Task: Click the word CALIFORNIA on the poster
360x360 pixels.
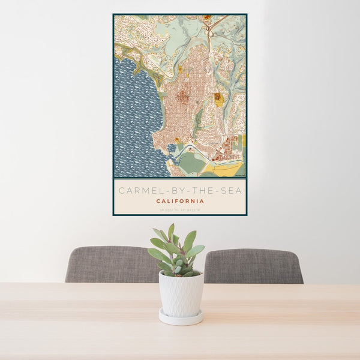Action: [x=180, y=201]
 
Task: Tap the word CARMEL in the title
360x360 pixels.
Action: [x=134, y=191]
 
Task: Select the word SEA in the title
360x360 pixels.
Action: [x=230, y=191]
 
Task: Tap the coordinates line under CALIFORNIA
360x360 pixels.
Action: [x=180, y=209]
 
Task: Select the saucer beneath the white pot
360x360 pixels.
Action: [x=181, y=317]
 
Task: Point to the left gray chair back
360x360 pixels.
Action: [x=108, y=264]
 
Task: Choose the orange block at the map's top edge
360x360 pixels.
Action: [x=207, y=18]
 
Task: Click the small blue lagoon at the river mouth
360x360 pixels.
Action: [x=172, y=148]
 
